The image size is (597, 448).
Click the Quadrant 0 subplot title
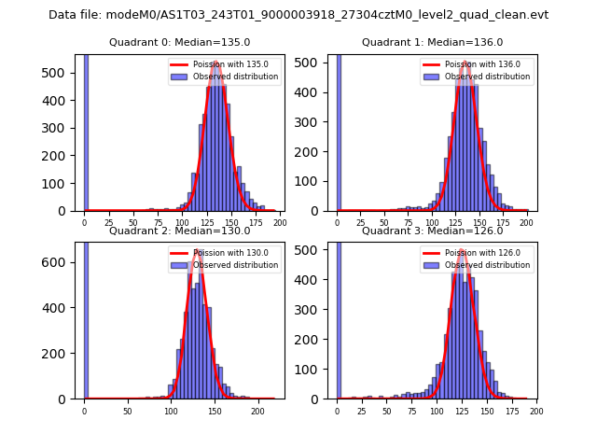pos(179,42)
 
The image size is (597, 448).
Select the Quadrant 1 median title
pos(432,42)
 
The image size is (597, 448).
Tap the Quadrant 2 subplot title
pos(179,231)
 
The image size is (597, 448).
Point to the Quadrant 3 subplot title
pos(432,231)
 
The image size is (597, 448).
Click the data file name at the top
pos(298,15)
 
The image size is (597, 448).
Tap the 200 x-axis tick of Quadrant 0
pos(279,223)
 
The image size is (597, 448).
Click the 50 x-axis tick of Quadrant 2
pos(128,411)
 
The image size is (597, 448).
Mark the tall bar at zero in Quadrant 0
pos(86,131)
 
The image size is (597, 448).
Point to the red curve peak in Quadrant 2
pos(197,250)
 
